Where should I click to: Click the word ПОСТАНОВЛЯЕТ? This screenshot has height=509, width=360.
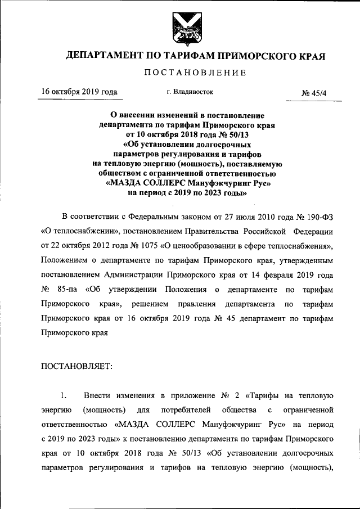coord(77,366)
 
